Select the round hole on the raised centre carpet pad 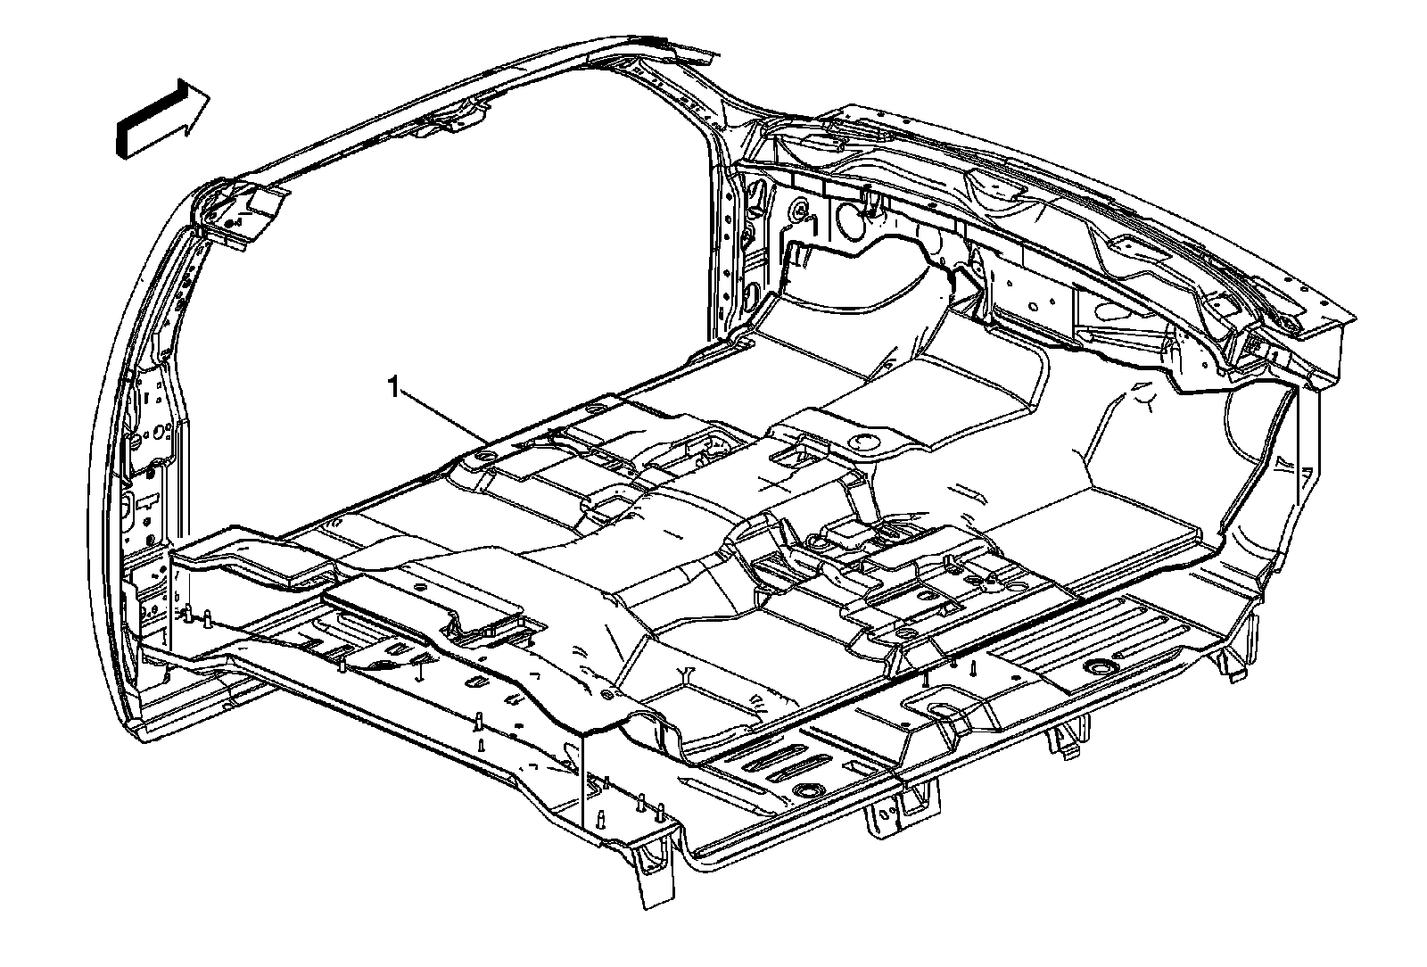coord(861,441)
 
